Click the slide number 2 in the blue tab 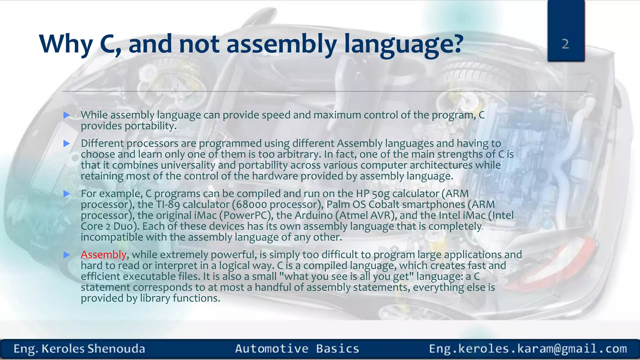click(565, 44)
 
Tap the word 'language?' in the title click(403, 44)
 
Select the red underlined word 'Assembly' click(103, 255)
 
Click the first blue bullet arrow click(67, 115)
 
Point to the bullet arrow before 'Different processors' click(67, 144)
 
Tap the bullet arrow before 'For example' click(67, 194)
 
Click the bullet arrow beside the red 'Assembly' click(67, 255)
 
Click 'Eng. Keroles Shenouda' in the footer click(79, 349)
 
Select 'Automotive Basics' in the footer click(297, 349)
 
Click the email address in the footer click(528, 349)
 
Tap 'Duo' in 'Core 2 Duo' click(124, 227)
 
